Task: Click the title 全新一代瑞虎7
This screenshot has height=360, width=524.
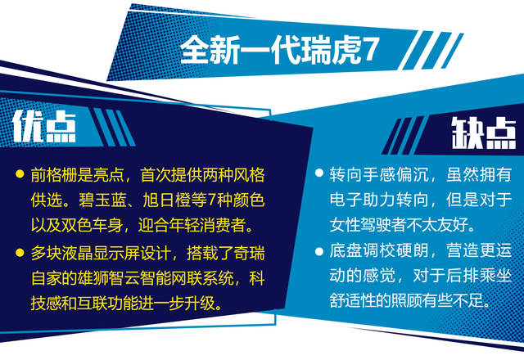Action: tap(279, 51)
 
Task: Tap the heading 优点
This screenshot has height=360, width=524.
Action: tap(44, 127)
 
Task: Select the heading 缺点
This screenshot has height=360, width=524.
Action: tap(484, 133)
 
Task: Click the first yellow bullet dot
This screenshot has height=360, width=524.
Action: tap(20, 173)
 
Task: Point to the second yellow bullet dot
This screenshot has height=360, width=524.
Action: tap(20, 252)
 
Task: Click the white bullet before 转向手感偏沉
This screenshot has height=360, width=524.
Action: tap(319, 173)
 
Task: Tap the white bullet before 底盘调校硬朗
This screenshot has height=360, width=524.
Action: tap(319, 251)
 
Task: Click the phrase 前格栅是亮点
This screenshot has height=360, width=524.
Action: tap(78, 175)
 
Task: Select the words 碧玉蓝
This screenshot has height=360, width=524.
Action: tap(102, 200)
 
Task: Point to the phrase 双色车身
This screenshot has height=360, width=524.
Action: tap(93, 226)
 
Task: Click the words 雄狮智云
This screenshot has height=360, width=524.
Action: tap(109, 278)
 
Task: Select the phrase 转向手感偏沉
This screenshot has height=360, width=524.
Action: tap(379, 174)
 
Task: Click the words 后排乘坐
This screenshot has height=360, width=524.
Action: tap(479, 276)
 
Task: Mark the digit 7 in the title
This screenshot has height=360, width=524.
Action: tap(371, 50)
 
